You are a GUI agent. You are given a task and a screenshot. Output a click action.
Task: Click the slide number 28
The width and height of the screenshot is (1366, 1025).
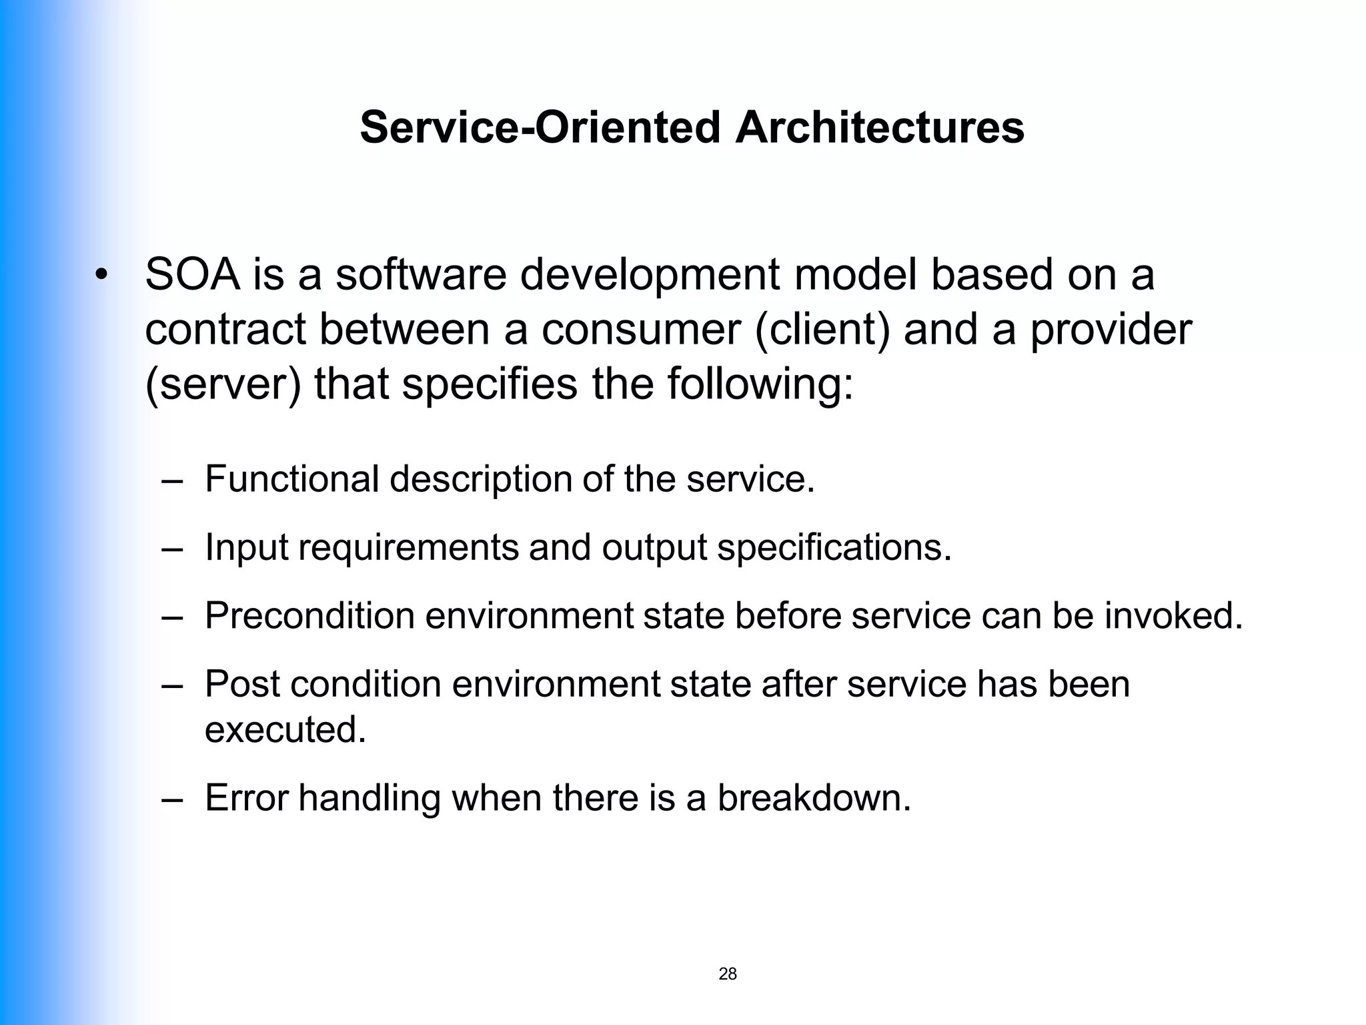[728, 974]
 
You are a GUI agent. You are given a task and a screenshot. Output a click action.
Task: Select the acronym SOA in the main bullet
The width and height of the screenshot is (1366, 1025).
[192, 274]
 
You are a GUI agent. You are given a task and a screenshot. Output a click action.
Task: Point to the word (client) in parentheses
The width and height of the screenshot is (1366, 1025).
[822, 330]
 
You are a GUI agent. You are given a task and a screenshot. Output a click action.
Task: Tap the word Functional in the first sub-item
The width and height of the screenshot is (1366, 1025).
[291, 478]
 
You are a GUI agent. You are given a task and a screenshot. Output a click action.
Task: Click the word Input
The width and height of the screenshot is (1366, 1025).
[246, 548]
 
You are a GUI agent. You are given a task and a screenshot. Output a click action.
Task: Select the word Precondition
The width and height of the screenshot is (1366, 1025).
[309, 615]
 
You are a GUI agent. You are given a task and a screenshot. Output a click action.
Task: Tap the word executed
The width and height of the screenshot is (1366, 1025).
[285, 729]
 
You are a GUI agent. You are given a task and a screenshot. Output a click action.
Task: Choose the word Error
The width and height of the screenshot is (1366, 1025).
[246, 797]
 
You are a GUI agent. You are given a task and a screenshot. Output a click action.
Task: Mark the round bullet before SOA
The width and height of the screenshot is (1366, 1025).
[101, 276]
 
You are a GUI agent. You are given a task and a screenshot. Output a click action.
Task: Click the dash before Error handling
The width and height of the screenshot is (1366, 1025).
[171, 799]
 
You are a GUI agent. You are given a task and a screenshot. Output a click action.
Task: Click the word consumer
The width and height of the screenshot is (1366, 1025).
[642, 331]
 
